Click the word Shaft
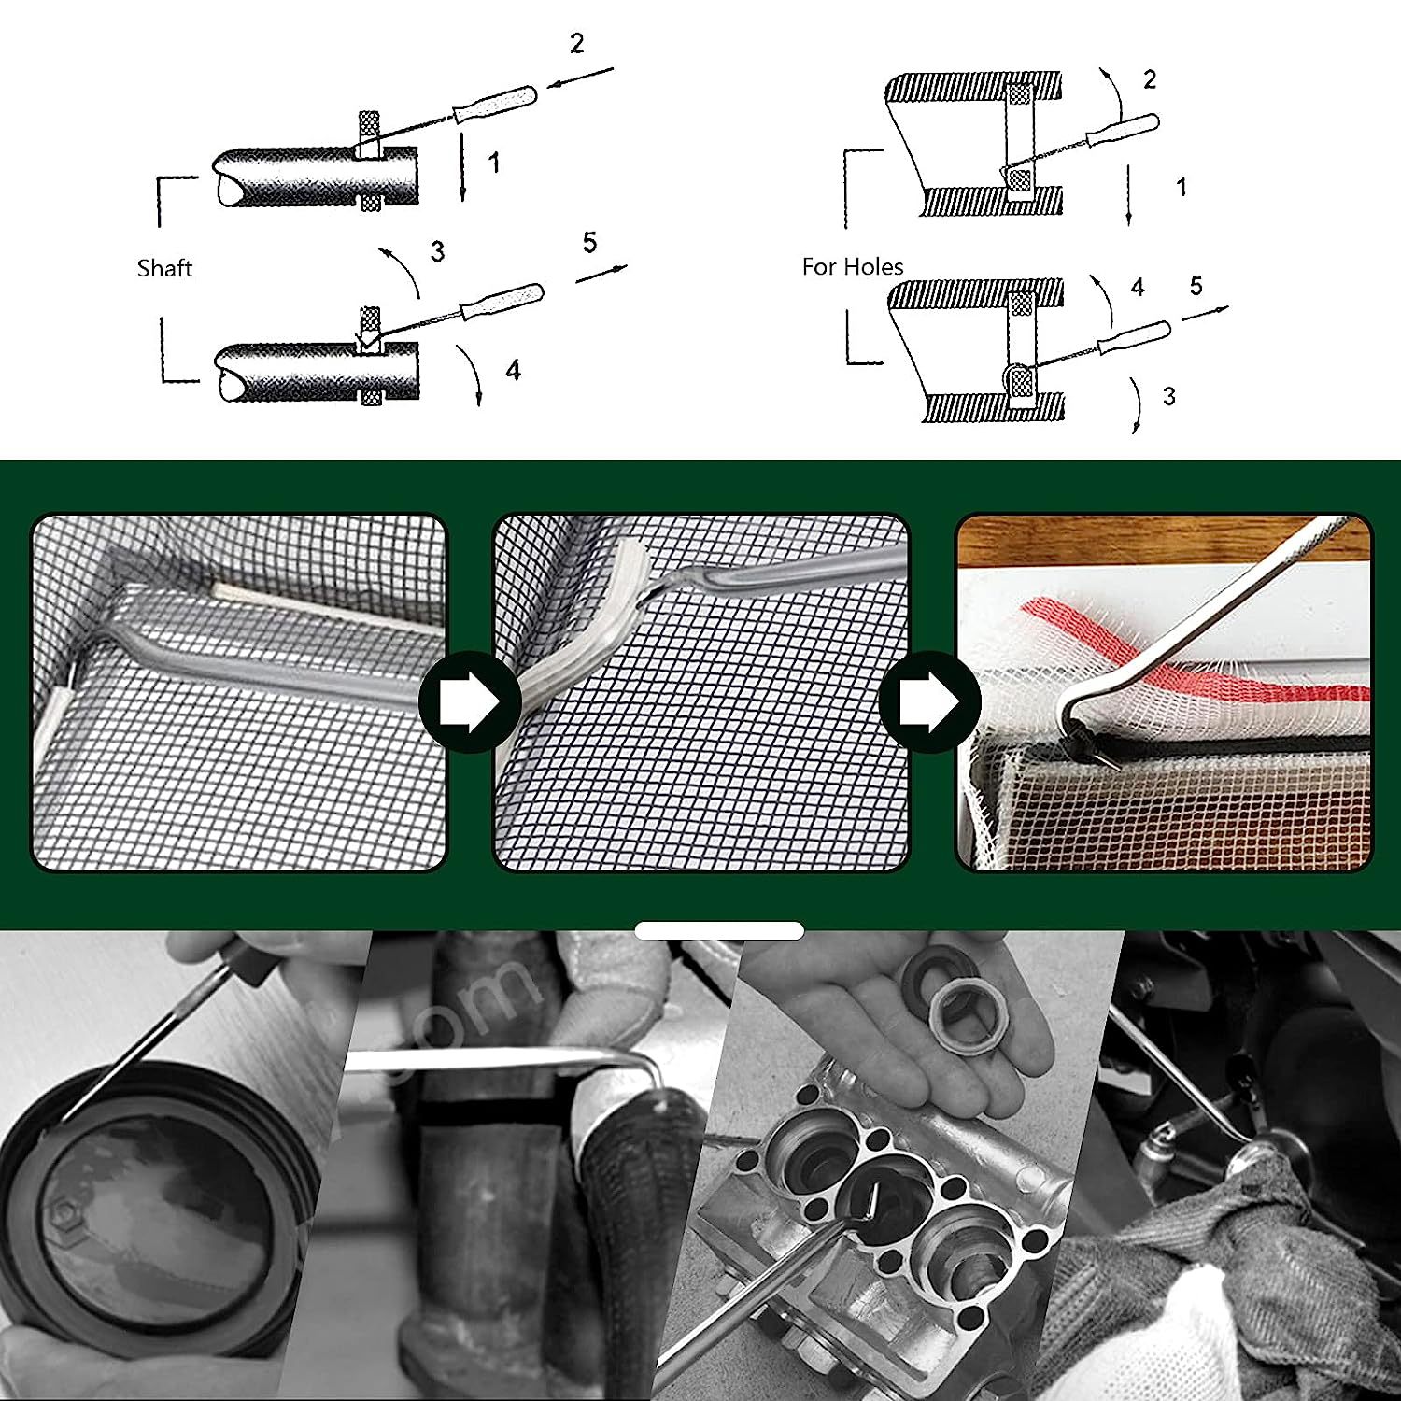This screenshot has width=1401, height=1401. pos(164,269)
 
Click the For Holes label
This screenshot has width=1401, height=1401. pos(853,267)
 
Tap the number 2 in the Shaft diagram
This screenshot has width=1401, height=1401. pos(576,44)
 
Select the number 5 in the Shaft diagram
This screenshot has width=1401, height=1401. pos(589,243)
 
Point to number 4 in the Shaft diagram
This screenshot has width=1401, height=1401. pos(513,371)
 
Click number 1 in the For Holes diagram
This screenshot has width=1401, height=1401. pos(1182,187)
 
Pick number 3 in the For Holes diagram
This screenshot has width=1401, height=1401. pos(1168,396)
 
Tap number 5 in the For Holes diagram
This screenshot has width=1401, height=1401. pos(1196,286)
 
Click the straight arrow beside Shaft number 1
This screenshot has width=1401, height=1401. pos(462,168)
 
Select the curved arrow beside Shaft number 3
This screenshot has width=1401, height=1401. pos(402,271)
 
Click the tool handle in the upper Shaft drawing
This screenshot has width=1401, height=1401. pos(495,104)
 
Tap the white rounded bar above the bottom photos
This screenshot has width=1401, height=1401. pos(719,930)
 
